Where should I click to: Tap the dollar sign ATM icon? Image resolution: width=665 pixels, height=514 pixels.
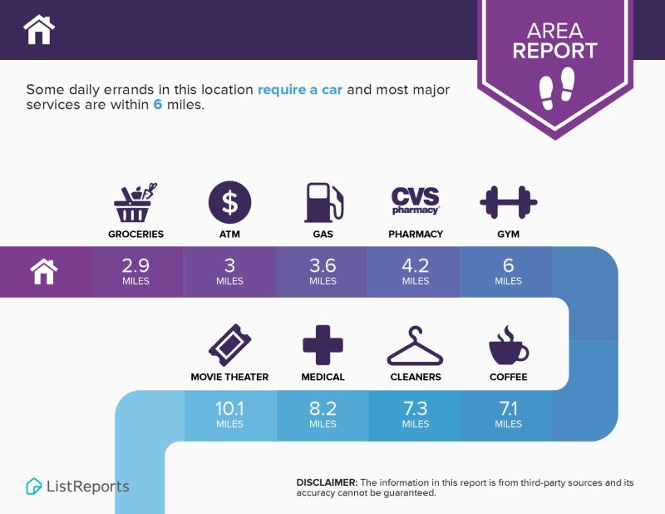(230, 202)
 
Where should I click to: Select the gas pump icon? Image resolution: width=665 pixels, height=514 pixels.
(323, 202)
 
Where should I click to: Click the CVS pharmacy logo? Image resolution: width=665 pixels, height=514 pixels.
(415, 200)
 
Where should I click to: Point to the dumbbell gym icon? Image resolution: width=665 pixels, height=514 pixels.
(509, 202)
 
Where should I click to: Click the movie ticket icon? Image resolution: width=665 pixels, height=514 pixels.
(230, 345)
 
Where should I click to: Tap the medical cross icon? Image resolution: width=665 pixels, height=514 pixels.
(323, 345)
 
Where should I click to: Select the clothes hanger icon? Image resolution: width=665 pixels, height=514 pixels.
(415, 346)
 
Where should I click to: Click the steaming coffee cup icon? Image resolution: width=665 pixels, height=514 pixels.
(509, 345)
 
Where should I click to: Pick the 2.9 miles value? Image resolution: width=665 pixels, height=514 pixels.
(135, 271)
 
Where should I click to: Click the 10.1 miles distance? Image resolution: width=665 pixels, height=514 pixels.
(229, 414)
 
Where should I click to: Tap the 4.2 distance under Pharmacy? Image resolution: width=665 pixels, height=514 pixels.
(416, 266)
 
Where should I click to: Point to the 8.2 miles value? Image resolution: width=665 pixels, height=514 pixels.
(323, 414)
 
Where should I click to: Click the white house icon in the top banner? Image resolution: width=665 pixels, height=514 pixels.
(39, 29)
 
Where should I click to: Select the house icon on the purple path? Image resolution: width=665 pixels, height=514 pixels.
(44, 272)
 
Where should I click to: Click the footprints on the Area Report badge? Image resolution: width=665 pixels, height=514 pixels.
(557, 88)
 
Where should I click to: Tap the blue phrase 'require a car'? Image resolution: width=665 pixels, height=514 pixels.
(300, 90)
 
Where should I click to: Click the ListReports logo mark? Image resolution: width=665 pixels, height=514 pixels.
(33, 487)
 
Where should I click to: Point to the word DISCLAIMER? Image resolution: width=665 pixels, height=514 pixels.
(327, 482)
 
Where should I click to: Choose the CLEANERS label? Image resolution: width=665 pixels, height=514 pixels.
(416, 377)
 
